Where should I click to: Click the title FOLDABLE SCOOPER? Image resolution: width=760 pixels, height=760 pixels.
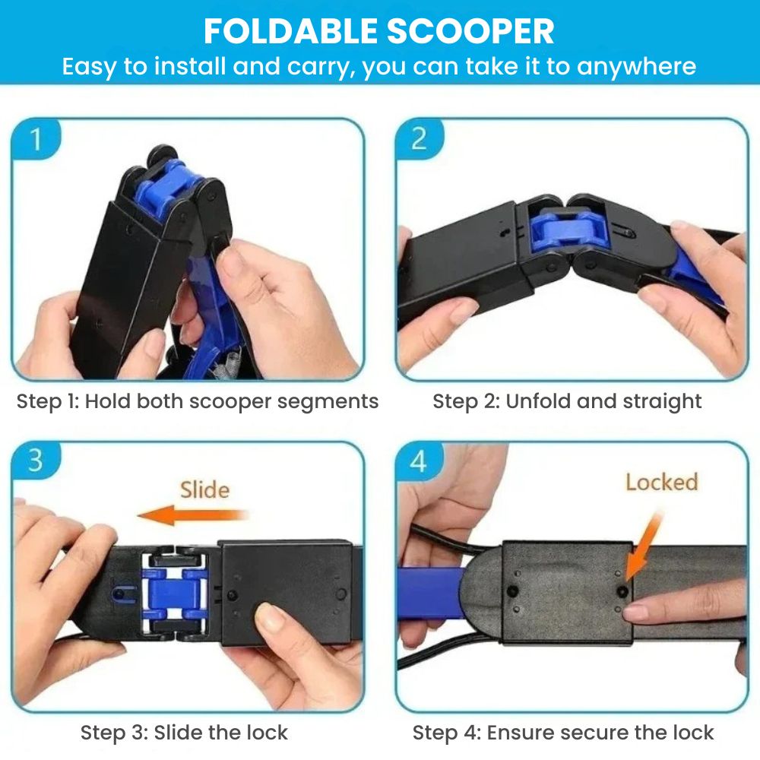(x=379, y=31)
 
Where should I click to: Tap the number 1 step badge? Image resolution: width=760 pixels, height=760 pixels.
(x=36, y=139)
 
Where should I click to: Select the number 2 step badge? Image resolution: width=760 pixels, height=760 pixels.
(x=419, y=139)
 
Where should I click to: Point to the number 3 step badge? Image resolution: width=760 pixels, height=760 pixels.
(x=36, y=461)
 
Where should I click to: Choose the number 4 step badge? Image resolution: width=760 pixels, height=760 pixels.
(x=419, y=461)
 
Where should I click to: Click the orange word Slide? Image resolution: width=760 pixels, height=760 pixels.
(x=204, y=490)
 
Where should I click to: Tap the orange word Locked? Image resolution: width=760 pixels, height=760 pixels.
(x=662, y=483)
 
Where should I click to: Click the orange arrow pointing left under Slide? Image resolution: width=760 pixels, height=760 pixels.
(x=193, y=515)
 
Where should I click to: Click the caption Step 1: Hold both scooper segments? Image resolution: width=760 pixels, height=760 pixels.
(x=198, y=401)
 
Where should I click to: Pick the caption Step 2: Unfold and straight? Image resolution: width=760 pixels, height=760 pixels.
(x=567, y=401)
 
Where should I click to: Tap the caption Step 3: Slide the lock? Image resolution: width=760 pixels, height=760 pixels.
(x=184, y=733)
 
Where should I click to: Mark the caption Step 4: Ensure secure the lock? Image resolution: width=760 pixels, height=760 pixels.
(x=563, y=733)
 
